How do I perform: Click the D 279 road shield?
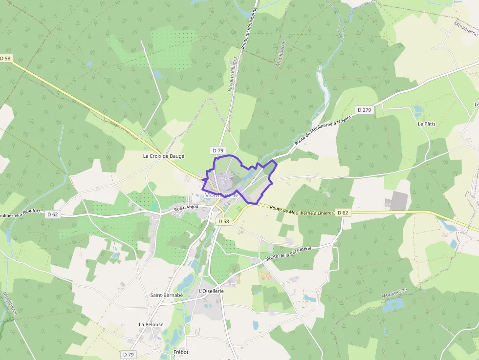pos(365,110)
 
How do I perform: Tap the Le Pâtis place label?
pos(426,124)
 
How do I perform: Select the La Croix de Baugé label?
pos(163,156)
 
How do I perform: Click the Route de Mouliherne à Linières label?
pos(302,210)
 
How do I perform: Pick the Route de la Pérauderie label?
pos(296,253)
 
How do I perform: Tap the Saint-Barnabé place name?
pos(166,295)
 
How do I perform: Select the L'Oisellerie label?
pos(211,291)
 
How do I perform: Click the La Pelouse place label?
pos(151,324)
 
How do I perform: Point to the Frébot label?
pos(180,352)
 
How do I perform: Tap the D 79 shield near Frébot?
pos(128,354)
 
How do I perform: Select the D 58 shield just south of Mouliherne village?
pos(223,221)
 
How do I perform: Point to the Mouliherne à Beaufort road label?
pos(22,215)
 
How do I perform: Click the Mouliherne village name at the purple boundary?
pos(221,195)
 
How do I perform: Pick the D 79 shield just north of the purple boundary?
pos(218,149)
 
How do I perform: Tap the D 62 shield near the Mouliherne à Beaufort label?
pos(53,214)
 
